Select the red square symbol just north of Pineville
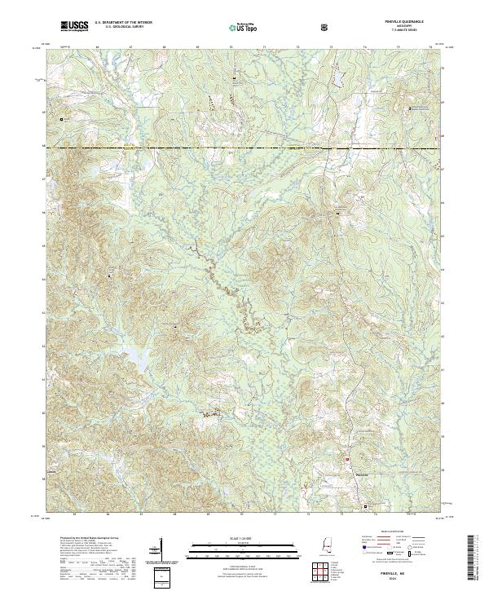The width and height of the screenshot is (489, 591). point(347,458)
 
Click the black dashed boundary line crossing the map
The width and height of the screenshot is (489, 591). point(244,148)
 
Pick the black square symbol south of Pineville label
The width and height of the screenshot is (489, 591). point(366,505)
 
